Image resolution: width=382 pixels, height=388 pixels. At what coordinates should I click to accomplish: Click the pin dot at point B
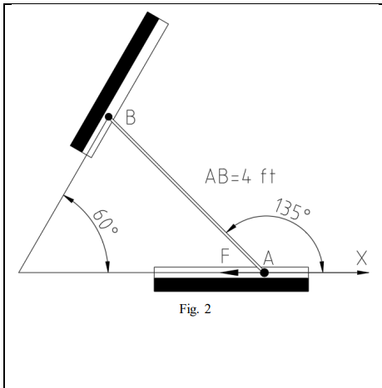click(x=109, y=116)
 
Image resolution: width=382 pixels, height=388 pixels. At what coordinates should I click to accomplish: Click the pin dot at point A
click(x=265, y=273)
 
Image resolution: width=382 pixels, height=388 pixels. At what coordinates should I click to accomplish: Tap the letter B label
click(x=131, y=117)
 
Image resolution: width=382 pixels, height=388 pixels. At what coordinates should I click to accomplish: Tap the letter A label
click(x=269, y=258)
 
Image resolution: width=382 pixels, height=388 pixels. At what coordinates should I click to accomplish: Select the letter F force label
click(x=225, y=256)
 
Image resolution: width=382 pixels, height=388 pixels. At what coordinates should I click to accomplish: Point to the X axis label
click(x=362, y=258)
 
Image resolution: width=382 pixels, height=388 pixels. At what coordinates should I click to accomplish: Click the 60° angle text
click(x=105, y=222)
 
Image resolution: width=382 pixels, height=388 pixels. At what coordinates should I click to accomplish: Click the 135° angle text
click(x=292, y=209)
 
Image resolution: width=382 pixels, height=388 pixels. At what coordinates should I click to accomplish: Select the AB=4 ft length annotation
click(x=241, y=177)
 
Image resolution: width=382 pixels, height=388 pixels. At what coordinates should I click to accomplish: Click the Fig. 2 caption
click(x=195, y=309)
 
